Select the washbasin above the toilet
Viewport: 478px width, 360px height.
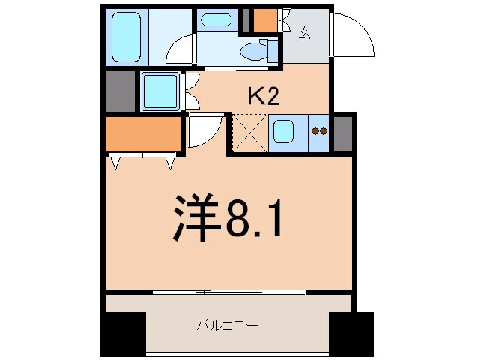(x=217, y=20)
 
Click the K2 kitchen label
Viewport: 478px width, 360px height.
(x=264, y=95)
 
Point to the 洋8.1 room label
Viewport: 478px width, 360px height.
(x=229, y=217)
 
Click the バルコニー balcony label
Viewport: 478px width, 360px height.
(x=227, y=325)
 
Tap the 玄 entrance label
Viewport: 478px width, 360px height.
(x=305, y=32)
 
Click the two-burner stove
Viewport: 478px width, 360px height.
(x=320, y=132)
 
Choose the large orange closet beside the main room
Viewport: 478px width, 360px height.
(x=143, y=134)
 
